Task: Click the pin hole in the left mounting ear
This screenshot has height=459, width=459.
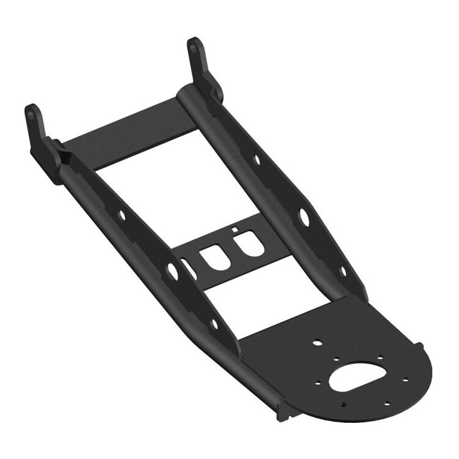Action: (x=31, y=114)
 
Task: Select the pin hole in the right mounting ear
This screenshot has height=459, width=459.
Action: (x=193, y=47)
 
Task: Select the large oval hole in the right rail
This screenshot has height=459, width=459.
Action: (x=304, y=215)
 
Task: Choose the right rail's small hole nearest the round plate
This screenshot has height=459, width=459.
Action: (x=343, y=270)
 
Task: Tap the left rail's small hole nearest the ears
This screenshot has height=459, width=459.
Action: (x=121, y=215)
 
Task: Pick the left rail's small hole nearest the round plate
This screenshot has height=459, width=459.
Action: (x=214, y=324)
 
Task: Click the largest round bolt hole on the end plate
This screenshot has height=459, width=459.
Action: (x=316, y=343)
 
